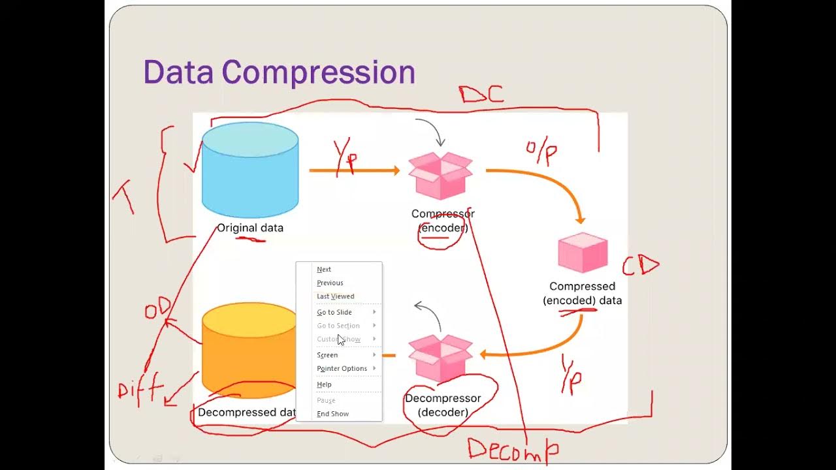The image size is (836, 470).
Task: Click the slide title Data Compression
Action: pos(279,72)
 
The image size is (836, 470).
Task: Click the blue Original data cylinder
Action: pos(250,171)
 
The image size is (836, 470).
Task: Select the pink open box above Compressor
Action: pos(441,175)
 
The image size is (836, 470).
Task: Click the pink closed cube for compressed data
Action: pos(583,252)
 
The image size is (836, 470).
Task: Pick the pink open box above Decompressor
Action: pos(441,358)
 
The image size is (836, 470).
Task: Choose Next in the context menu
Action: pos(324,269)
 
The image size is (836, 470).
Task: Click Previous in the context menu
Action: pos(330,283)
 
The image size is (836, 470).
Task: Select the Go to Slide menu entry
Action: pos(334,312)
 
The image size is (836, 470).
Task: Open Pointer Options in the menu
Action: pos(342,368)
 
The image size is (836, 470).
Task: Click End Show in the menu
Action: pos(332,414)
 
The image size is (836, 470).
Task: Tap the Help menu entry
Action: pos(324,384)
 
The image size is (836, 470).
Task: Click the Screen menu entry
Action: pos(327,355)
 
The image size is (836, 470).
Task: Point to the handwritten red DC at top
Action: pos(481,95)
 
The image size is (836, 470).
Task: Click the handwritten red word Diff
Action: pos(139,390)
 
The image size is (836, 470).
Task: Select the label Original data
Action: pos(250,228)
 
